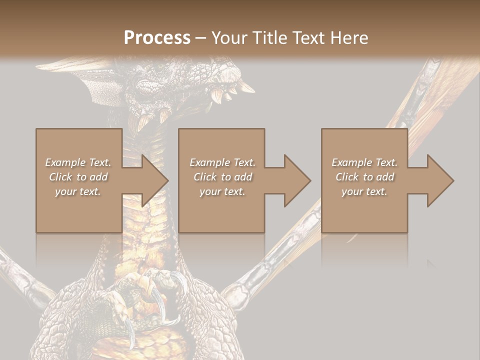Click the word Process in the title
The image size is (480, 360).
(x=157, y=38)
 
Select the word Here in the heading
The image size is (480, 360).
(x=349, y=38)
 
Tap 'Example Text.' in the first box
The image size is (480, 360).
(x=78, y=162)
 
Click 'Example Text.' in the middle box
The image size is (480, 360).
(x=222, y=162)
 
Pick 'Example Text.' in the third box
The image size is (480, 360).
(x=364, y=162)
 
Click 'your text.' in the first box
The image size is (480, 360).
(x=78, y=191)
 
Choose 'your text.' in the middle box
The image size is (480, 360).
(x=222, y=191)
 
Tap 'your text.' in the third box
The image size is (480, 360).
(x=364, y=191)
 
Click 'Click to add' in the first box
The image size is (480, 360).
(x=78, y=177)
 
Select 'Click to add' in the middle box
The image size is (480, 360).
(x=222, y=177)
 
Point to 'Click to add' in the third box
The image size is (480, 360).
(x=364, y=177)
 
